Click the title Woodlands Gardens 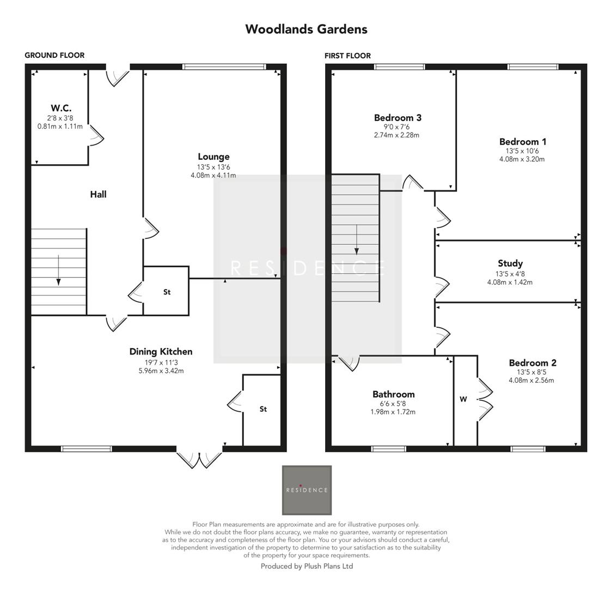pyautogui.click(x=306, y=29)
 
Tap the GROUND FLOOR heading pyautogui.click(x=54, y=55)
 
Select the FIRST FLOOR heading pyautogui.click(x=347, y=56)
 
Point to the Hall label pyautogui.click(x=98, y=194)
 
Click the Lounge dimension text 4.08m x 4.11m pyautogui.click(x=213, y=176)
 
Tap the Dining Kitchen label pyautogui.click(x=161, y=352)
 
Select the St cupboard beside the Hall pyautogui.click(x=167, y=292)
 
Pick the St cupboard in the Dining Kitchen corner pyautogui.click(x=263, y=409)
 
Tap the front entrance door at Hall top pyautogui.click(x=117, y=75)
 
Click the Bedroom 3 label pyautogui.click(x=398, y=118)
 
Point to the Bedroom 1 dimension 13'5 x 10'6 pyautogui.click(x=522, y=151)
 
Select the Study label pyautogui.click(x=510, y=263)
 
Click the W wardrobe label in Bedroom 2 pyautogui.click(x=463, y=399)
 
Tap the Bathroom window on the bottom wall pyautogui.click(x=388, y=449)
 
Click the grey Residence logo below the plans pyautogui.click(x=307, y=490)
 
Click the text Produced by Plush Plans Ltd pyautogui.click(x=307, y=566)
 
